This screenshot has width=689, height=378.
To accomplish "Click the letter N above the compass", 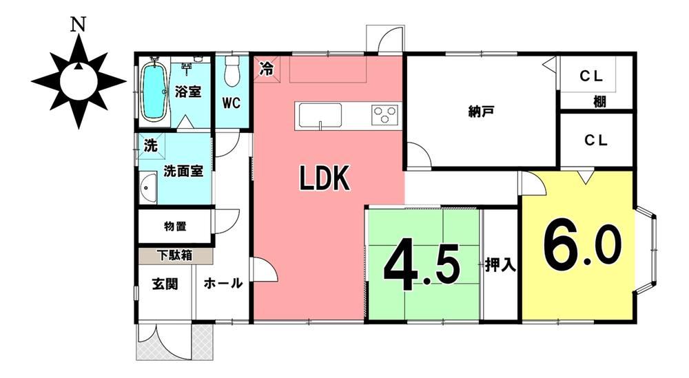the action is [79, 25].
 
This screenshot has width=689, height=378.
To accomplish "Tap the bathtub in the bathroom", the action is [154, 92].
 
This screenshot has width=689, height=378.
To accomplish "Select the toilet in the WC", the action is [231, 72].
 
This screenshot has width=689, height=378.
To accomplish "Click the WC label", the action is [231, 103].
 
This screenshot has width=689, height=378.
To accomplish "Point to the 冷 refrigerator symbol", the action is [266, 68].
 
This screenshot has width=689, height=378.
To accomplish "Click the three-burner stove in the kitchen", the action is [385, 115].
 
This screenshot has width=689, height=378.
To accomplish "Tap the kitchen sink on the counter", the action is [320, 116].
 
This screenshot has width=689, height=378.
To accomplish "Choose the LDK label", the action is [325, 178].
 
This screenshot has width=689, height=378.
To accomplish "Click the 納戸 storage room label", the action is [481, 112].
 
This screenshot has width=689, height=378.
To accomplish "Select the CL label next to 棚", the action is [591, 76].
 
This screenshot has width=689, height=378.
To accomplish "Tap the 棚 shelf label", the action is [599, 102].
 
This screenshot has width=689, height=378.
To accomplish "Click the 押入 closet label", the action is [500, 264].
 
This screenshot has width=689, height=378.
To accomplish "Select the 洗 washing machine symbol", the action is [151, 145].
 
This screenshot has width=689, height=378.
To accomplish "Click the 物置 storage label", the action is [175, 227].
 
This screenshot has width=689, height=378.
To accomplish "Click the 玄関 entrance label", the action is [165, 284].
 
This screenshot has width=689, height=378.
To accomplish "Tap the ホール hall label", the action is [223, 283].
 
